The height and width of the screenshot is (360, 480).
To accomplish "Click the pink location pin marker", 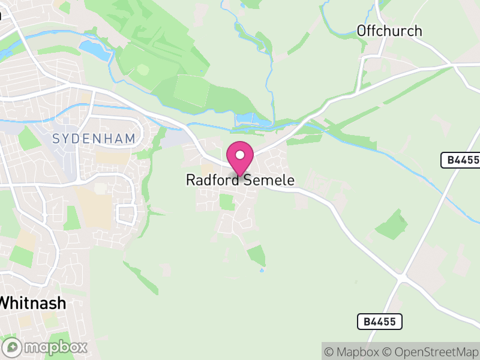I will pos(240,158).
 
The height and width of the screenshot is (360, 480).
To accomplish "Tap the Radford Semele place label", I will pos(240,180).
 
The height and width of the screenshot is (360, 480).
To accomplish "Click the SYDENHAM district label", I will pos(94,139).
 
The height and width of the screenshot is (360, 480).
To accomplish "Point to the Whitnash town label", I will pos(33,303).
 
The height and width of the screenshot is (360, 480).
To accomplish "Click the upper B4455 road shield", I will pos(460,160).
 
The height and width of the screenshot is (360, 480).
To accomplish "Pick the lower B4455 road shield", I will pos(380,322).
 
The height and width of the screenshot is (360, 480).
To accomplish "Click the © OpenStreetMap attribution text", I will pos(431,352).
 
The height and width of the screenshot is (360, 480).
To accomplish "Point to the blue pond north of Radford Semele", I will pos(252,121).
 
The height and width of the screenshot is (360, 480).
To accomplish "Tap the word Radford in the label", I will pos(212,180).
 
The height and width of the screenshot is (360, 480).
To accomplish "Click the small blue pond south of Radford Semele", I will pos(262,270).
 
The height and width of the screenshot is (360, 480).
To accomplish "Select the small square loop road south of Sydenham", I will pos(127,214).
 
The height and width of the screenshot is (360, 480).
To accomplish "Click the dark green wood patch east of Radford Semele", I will pos(392,226).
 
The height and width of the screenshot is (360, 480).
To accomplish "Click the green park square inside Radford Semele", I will pos(226,202).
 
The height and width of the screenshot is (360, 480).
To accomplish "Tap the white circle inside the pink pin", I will pos(240,154).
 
